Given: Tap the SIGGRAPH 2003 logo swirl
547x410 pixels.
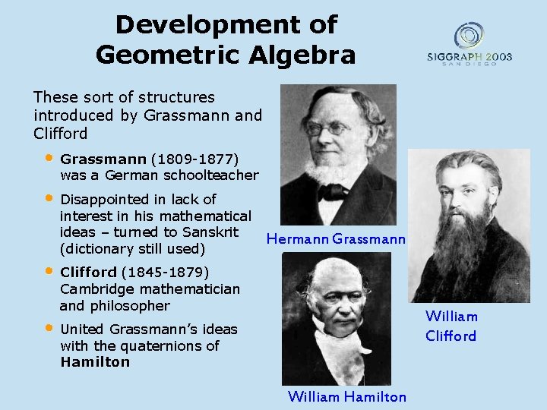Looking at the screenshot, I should pyautogui.click(x=470, y=35).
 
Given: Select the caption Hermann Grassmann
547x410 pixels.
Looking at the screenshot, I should pyautogui.click(x=336, y=239).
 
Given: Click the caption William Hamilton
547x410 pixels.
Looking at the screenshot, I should pyautogui.click(x=346, y=396).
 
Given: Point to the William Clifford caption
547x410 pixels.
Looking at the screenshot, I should pyautogui.click(x=451, y=326).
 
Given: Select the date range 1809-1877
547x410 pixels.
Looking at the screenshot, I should pyautogui.click(x=195, y=159).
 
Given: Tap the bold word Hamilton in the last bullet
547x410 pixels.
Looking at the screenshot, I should pyautogui.click(x=95, y=362).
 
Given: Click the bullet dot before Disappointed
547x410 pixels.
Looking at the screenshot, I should pyautogui.click(x=48, y=198).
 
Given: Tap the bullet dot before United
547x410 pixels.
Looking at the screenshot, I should pyautogui.click(x=48, y=328).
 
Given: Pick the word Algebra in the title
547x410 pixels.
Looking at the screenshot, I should pyautogui.click(x=306, y=55).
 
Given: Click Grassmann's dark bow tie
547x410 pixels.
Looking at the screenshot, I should pyautogui.click(x=332, y=191).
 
